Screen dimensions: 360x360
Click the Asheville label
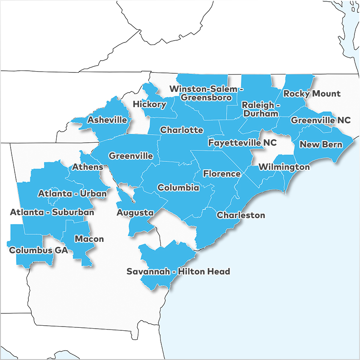click(107, 120)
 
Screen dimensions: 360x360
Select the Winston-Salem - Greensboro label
click(206, 93)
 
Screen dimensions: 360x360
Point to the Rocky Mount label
click(312, 94)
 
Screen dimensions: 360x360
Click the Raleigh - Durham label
click(260, 109)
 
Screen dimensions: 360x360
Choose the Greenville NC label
click(321, 120)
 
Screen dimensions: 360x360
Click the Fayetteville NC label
click(242, 143)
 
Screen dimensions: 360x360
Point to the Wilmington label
click(284, 167)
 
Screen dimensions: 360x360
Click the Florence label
click(222, 174)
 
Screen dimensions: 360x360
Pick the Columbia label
click(178, 188)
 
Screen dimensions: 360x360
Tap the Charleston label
click(241, 215)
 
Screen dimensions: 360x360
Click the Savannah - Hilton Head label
click(178, 271)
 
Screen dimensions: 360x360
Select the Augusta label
click(135, 213)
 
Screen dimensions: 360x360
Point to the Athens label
click(88, 167)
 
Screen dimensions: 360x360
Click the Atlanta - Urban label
click(72, 194)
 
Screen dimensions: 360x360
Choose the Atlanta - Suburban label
click(52, 212)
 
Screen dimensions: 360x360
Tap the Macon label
click(89, 239)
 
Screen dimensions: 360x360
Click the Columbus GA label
click(39, 250)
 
